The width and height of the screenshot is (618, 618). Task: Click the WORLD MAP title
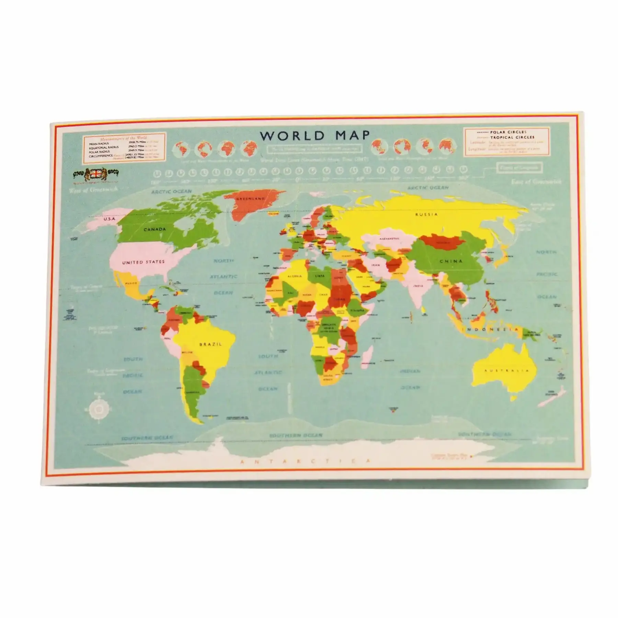click(x=314, y=135)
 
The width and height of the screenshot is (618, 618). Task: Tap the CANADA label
click(x=154, y=229)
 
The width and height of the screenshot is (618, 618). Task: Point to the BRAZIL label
click(x=210, y=344)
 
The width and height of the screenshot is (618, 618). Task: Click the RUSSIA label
click(x=426, y=214)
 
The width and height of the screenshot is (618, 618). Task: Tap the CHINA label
click(x=451, y=261)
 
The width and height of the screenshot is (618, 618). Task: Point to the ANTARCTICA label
click(x=306, y=462)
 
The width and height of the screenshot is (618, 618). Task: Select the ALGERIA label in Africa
click(x=295, y=276)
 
